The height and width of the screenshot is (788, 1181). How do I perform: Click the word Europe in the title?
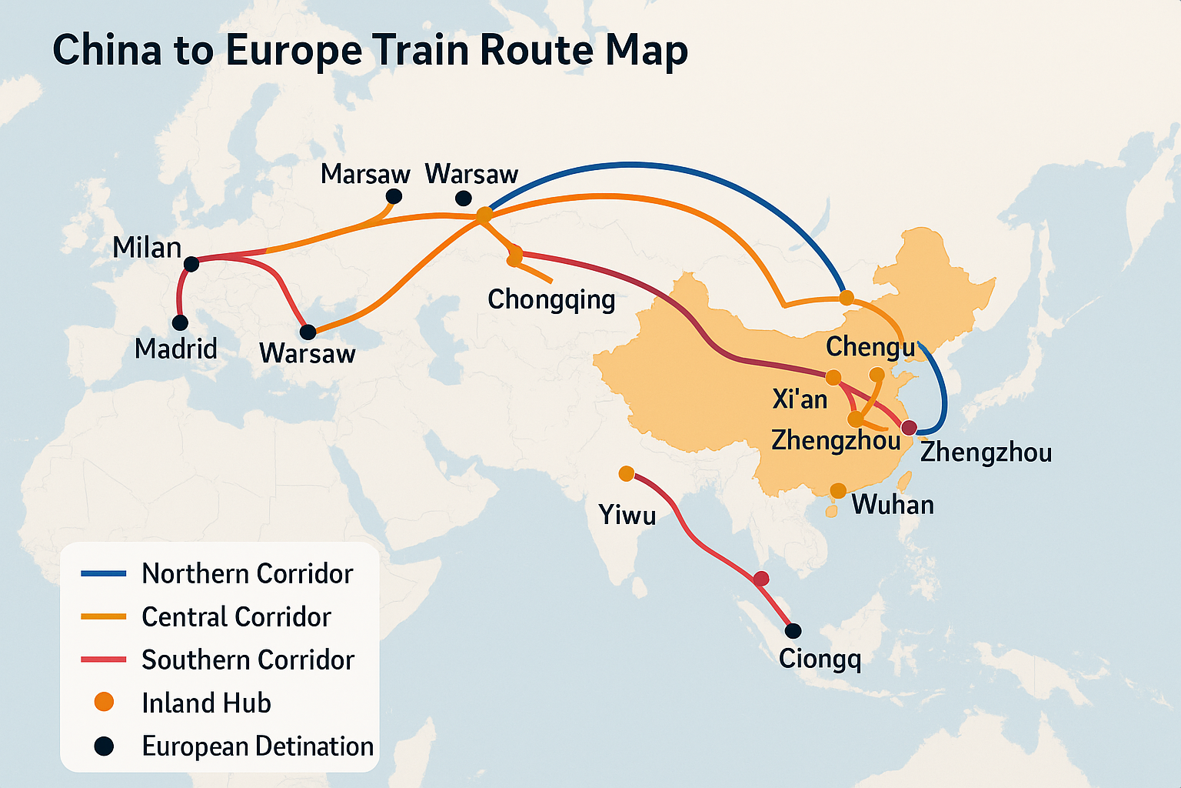coord(293,52)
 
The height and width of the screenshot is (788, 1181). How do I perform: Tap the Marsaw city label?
coord(365,174)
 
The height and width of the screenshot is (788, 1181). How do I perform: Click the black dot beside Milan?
coord(191,264)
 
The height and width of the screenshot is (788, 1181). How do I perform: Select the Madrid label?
coord(176,349)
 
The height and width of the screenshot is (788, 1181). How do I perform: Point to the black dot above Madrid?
coord(180,322)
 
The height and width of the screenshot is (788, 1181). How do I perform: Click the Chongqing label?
coord(551,299)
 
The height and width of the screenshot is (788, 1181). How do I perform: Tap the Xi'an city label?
coord(800,399)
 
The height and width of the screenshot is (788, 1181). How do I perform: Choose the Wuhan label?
coord(893,505)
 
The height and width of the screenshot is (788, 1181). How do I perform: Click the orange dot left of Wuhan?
coord(838,491)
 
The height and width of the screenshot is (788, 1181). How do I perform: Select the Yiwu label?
coord(627,514)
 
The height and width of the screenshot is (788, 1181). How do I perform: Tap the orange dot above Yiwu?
coord(626,473)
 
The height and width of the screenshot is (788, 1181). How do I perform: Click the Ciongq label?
coord(820,659)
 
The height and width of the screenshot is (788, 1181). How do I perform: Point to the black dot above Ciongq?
coord(793,631)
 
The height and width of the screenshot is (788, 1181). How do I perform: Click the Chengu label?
coord(870,347)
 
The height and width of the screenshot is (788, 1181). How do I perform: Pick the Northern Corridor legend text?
coord(247,574)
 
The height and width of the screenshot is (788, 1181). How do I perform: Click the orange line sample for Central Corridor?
coord(103,616)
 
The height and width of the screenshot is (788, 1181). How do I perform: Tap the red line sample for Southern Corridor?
coord(103,659)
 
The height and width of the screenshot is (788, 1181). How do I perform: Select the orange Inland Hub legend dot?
coord(103,702)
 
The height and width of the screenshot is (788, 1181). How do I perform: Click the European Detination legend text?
coord(258,746)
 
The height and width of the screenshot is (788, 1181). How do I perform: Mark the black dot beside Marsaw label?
coord(394,196)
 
